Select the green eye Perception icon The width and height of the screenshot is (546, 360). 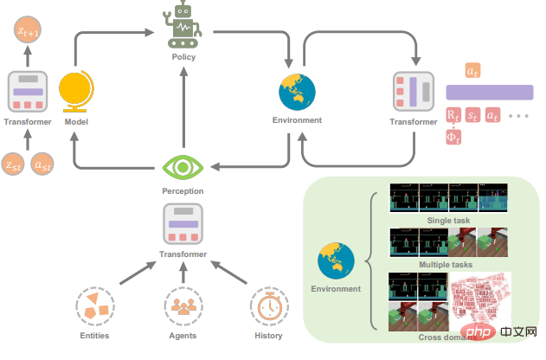coord(183,165)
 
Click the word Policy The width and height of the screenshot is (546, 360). coord(183,57)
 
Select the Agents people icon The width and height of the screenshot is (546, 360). coord(183,307)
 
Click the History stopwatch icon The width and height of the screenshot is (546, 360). coord(268,307)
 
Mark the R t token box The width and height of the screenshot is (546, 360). coord(453,114)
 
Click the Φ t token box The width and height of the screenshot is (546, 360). coord(453,137)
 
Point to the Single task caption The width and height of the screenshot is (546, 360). coord(449,221)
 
